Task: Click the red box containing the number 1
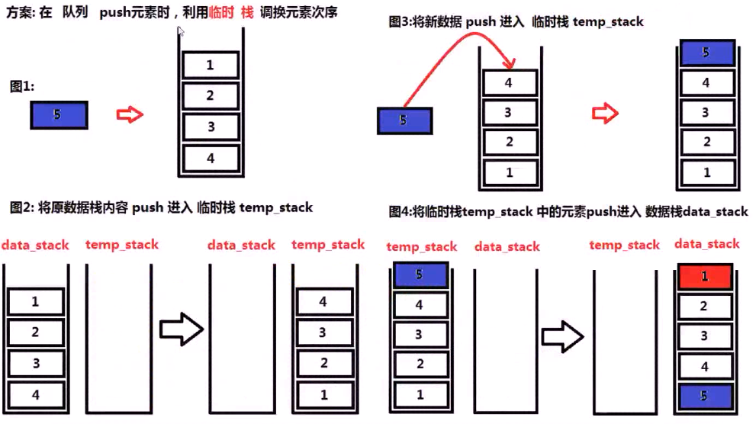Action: (705, 276)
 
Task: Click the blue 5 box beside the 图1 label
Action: (59, 115)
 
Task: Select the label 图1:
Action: (22, 87)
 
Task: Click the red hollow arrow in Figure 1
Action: (130, 114)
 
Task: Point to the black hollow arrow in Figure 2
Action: (181, 330)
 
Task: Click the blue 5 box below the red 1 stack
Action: (705, 397)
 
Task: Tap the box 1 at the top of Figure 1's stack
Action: (210, 66)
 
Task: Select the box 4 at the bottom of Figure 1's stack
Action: (210, 158)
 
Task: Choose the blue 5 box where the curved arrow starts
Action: (404, 120)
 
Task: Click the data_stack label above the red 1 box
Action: (707, 244)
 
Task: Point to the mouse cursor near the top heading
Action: (181, 32)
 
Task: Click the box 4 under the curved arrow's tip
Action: (509, 83)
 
